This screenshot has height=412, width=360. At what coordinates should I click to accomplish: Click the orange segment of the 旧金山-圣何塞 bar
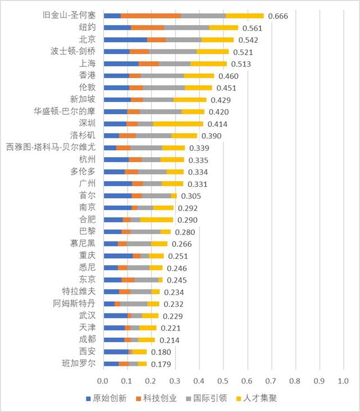(151, 16)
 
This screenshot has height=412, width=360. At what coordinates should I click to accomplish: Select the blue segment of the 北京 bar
(125, 39)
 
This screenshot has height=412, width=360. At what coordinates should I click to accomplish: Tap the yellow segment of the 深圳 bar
(178, 124)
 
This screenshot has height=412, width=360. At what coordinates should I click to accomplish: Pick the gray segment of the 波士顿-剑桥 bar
(173, 52)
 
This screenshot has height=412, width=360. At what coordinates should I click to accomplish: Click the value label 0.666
(278, 16)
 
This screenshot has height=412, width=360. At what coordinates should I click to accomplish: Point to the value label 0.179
(161, 364)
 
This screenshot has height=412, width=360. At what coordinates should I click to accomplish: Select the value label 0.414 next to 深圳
(218, 124)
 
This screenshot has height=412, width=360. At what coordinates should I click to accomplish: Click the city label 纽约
(87, 27)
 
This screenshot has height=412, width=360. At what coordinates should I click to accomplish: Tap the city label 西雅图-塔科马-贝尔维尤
(51, 147)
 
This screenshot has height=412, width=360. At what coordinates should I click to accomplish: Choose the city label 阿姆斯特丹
(74, 303)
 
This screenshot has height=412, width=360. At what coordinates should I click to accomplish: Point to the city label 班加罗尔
(79, 364)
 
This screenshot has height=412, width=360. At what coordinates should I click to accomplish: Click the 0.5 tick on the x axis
(223, 381)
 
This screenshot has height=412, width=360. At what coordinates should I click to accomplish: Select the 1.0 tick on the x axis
(343, 381)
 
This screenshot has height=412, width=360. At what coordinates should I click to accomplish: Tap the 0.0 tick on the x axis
(102, 381)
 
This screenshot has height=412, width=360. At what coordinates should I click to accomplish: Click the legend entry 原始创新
(106, 398)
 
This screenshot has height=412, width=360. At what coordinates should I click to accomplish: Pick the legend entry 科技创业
(156, 398)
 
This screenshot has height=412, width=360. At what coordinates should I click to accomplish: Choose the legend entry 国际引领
(206, 398)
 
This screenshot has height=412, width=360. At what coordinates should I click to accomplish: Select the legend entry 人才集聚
(257, 398)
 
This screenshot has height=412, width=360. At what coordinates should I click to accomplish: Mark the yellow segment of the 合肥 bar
(156, 220)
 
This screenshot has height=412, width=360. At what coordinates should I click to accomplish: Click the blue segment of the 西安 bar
(116, 352)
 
